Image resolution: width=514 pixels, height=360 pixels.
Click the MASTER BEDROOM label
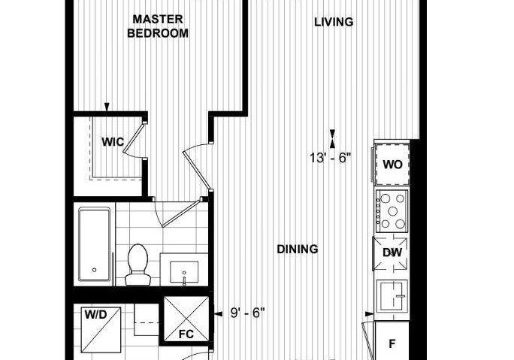coord(158,26)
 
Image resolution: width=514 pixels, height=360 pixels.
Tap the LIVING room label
coord(334,23)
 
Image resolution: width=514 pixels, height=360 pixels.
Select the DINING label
coord(298,250)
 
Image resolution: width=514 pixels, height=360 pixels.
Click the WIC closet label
coord(113,142)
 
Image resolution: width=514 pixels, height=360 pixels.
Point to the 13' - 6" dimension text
coord(331,158)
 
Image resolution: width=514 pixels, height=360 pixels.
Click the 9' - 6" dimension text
coord(247,313)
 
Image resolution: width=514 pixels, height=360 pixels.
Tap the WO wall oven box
coord(392,165)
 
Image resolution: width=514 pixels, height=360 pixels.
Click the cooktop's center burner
coord(393,211)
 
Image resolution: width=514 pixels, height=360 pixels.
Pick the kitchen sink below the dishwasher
coord(392,296)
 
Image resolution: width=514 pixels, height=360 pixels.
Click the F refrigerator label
coord(392,344)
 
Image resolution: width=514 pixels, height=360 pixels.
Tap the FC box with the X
coord(186,319)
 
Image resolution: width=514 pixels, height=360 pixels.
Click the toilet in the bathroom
coord(138,265)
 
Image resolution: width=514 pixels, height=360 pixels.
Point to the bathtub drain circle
coord(95,270)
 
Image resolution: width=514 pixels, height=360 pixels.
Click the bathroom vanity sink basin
coord(184,272)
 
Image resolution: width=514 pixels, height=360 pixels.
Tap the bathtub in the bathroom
coord(95,244)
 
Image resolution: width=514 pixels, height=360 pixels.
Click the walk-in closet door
coord(134,138)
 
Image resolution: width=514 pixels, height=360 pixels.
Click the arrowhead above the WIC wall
coord(107,107)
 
